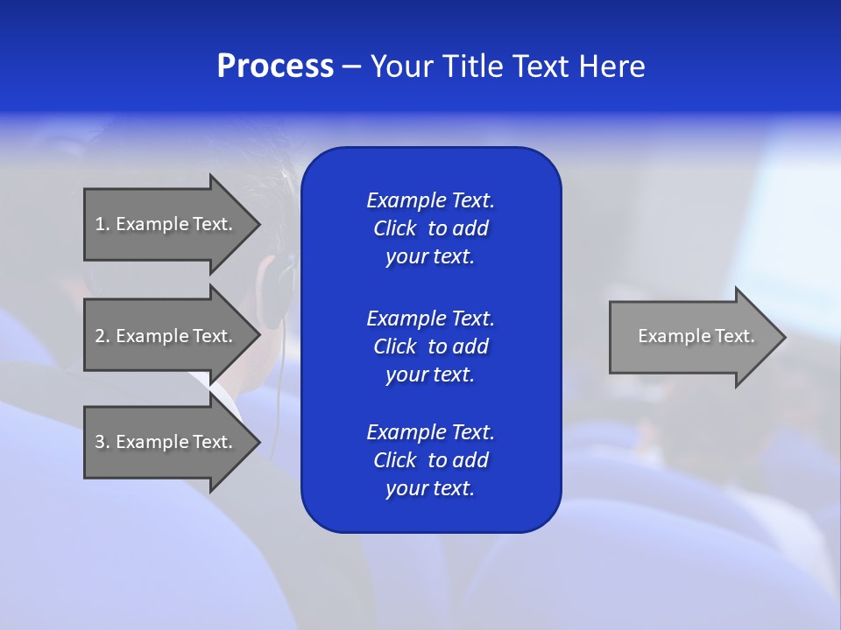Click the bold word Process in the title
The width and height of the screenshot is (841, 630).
point(275,66)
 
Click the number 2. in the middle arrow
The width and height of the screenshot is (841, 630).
point(102,336)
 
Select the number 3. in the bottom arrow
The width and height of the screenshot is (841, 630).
point(102,442)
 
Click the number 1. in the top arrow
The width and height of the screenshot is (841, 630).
point(102,224)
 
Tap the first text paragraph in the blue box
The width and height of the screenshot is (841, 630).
point(430,228)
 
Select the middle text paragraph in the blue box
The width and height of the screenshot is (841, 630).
point(430,346)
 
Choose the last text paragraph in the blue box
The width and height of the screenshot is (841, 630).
point(430,460)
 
